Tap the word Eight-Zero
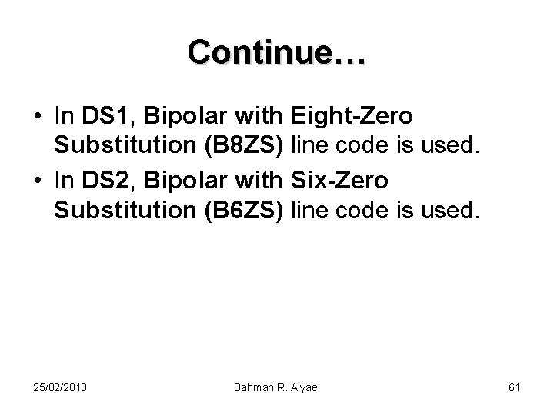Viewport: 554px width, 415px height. (x=353, y=117)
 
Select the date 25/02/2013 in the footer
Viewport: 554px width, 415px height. (x=61, y=388)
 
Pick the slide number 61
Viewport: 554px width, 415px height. (x=514, y=388)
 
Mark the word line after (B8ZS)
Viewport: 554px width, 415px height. (x=312, y=147)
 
